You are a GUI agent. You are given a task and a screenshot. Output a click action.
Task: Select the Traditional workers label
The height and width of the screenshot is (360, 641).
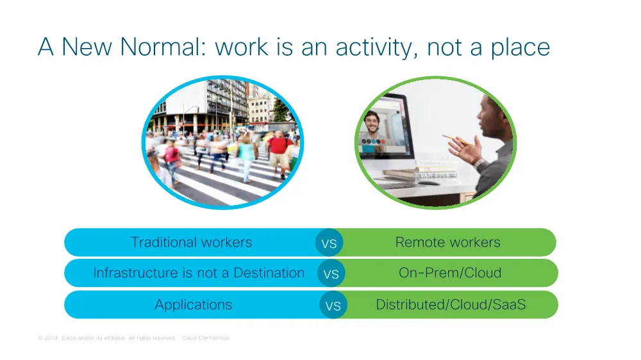[x=191, y=242]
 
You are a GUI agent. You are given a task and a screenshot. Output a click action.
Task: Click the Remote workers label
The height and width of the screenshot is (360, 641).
[x=447, y=242]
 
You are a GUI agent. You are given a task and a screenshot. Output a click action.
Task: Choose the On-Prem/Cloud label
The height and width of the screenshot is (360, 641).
[x=450, y=272]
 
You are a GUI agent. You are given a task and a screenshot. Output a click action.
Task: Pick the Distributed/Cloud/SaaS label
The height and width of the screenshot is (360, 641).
[x=451, y=304]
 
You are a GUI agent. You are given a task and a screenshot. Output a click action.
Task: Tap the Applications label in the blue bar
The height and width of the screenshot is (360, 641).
[x=194, y=305]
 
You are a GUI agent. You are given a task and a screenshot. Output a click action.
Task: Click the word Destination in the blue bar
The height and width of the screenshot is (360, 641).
[x=269, y=272]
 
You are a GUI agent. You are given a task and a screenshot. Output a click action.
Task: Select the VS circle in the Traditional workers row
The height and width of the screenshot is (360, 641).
[x=329, y=243]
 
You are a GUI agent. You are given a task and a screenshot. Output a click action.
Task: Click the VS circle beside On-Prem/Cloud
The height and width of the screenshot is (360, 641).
[x=331, y=274]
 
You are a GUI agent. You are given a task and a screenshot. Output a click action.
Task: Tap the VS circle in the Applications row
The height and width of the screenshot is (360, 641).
[x=333, y=306]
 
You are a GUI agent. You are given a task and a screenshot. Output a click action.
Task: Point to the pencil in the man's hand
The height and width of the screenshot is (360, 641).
[x=458, y=140]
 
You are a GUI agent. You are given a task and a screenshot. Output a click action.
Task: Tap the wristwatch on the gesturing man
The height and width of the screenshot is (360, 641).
[x=479, y=164]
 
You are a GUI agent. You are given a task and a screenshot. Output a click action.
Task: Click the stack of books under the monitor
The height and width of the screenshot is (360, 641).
[x=421, y=174]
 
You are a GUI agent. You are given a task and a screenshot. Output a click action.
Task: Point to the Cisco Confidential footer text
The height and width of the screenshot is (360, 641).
[x=205, y=338]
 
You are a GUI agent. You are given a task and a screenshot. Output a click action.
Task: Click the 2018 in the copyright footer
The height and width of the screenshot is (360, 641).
[x=51, y=338]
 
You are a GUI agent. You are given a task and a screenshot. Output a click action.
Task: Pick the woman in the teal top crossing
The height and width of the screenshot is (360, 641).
[x=247, y=158]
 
